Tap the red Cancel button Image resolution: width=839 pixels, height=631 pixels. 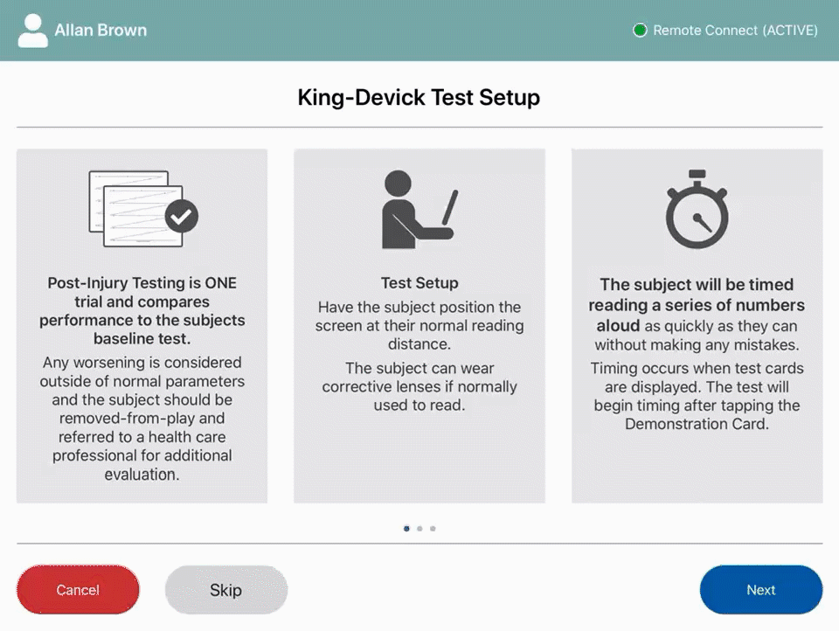[x=78, y=590]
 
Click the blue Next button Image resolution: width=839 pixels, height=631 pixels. [x=760, y=590]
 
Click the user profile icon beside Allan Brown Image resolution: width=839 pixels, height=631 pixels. [x=33, y=31]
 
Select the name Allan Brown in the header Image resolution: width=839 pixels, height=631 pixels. [x=101, y=31]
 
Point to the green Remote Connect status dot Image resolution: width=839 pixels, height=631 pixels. [x=640, y=31]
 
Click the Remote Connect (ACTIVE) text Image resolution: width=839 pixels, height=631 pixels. [x=736, y=31]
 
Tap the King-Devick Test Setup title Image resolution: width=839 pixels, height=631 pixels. [x=419, y=97]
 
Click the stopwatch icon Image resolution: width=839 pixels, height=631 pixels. [x=697, y=211]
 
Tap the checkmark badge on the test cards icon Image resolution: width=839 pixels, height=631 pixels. [x=182, y=216]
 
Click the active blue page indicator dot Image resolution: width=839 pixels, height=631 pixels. [x=406, y=528]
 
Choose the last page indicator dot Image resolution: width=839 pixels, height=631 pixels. [x=433, y=528]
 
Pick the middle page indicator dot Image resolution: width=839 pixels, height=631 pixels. [x=419, y=528]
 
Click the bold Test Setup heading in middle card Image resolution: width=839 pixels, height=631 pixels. [x=419, y=283]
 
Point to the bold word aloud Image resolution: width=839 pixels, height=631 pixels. [x=618, y=325]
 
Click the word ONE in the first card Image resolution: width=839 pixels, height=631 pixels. [x=220, y=283]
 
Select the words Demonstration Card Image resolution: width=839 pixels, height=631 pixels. [x=697, y=424]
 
